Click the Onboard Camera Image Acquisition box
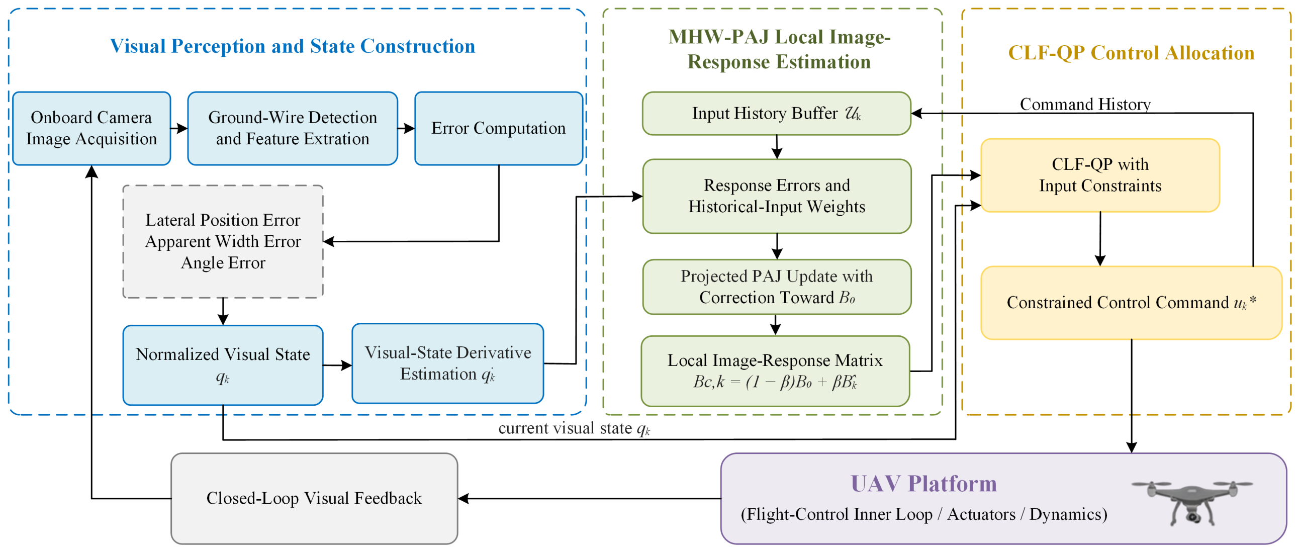point(91,128)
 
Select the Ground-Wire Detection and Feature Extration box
point(293,128)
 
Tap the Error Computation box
point(499,128)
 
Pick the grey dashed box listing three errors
point(223,241)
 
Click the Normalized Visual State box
point(223,365)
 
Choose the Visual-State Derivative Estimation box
point(448,363)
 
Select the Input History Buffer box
point(777,114)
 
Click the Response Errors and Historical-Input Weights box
point(777,196)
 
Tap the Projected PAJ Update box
point(777,287)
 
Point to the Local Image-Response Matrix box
point(775,371)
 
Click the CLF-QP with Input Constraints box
point(1100,175)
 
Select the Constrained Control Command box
point(1131,303)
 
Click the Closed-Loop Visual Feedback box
point(314,499)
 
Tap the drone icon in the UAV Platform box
point(1192,503)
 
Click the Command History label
point(1085,105)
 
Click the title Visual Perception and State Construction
point(293,46)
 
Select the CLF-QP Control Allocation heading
point(1131,53)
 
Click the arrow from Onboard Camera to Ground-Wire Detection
point(179,129)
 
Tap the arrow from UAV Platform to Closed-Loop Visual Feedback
point(590,499)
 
